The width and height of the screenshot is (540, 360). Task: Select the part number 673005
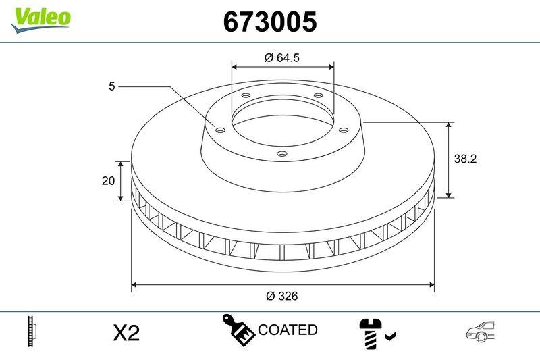tap(269, 22)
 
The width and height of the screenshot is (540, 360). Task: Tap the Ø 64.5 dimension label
tap(282, 58)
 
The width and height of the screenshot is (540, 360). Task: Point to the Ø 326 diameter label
tap(282, 296)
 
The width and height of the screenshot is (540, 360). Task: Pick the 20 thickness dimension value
tap(107, 181)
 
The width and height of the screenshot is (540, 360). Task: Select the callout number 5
tap(113, 86)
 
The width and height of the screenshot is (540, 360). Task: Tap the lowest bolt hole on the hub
tap(282, 155)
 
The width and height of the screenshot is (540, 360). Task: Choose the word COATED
tap(288, 330)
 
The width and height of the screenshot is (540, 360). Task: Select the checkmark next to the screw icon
tap(391, 334)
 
